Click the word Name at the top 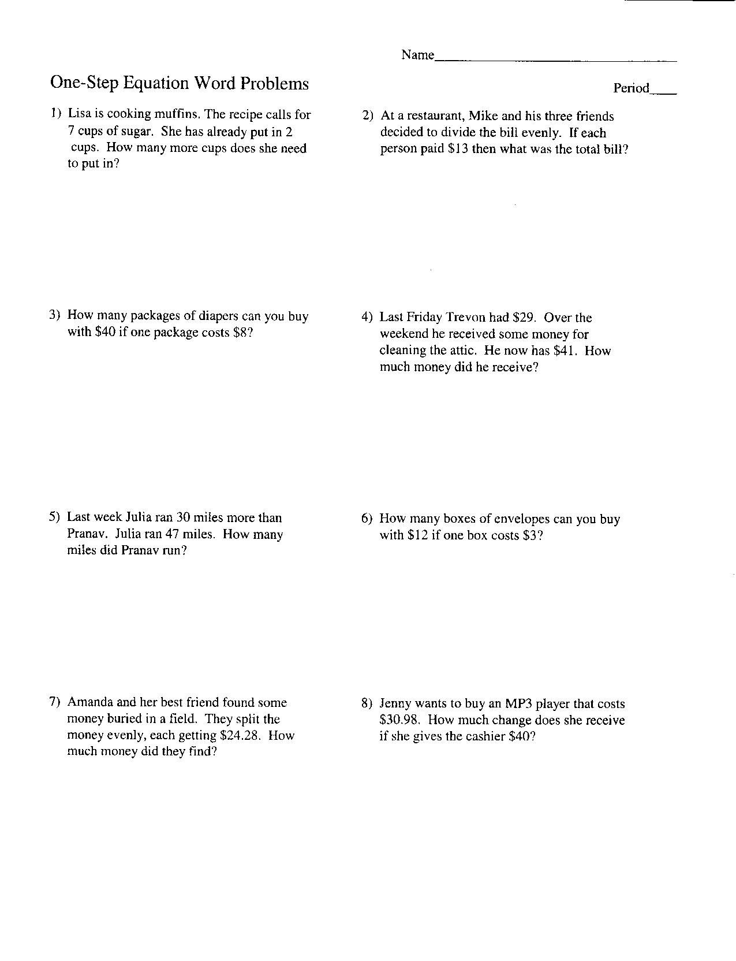pos(417,55)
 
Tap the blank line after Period pos(663,91)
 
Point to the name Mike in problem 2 pos(483,116)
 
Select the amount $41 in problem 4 pos(566,351)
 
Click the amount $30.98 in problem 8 pos(399,721)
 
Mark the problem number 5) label pos(55,517)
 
